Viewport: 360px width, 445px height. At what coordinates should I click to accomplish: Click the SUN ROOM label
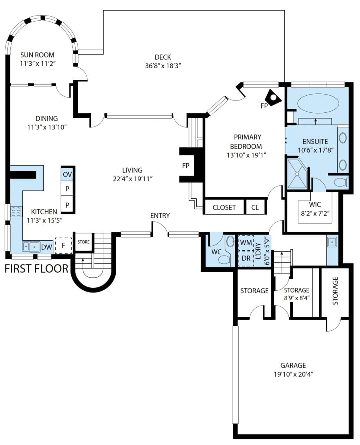coord(37,55)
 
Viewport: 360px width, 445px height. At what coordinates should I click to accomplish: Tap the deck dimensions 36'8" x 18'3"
coord(163,66)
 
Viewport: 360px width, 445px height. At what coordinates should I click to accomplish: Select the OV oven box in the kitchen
coord(67,174)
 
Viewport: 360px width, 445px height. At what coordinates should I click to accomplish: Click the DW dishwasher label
coord(47,247)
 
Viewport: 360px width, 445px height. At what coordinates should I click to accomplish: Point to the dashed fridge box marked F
coord(63,246)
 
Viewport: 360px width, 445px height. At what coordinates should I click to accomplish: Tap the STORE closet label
coord(84,242)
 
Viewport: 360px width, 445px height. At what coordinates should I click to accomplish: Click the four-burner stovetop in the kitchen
coord(16,211)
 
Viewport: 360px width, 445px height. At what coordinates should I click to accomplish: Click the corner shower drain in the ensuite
coord(297,174)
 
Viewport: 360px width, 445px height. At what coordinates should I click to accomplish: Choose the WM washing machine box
coord(246,243)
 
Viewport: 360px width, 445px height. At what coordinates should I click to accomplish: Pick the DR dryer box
coord(246,258)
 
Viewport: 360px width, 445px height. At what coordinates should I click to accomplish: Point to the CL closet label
coord(255,207)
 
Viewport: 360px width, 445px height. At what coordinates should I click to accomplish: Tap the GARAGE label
coord(293,365)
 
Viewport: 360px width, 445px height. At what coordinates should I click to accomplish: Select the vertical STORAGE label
coord(335,291)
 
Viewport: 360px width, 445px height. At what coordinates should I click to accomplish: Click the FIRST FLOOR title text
coord(36,269)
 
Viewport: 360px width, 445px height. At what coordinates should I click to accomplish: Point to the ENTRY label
coord(160,215)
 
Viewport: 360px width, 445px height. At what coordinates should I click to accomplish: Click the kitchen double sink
coord(31,247)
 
